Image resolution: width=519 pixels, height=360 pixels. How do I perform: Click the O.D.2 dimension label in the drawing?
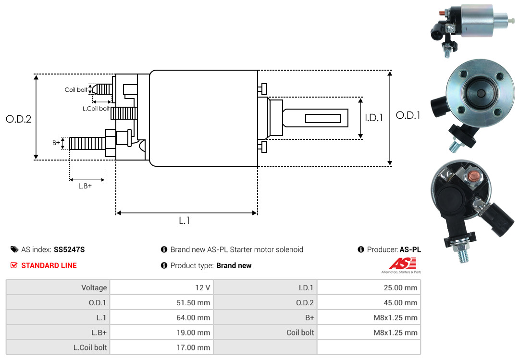tap(19, 119)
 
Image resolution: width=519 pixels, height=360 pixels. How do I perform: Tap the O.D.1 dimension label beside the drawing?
tap(408, 115)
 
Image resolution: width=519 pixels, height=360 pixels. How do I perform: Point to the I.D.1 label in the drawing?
tap(374, 118)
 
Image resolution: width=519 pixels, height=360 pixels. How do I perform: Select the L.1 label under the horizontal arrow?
tap(185, 221)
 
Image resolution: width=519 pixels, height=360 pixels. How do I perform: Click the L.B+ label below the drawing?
tap(85, 186)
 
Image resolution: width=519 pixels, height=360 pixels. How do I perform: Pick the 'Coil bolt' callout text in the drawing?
tap(76, 90)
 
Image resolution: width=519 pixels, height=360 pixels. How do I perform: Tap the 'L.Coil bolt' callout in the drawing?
tap(96, 108)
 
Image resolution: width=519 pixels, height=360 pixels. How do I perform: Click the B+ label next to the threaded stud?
tap(56, 143)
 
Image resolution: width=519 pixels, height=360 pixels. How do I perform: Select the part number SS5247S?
tap(69, 250)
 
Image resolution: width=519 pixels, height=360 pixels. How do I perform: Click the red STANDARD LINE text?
tap(49, 266)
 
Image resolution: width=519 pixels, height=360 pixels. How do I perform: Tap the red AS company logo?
tap(402, 263)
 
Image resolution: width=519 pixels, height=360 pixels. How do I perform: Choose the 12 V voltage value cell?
tap(161, 287)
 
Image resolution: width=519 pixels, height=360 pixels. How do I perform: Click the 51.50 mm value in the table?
tap(161, 302)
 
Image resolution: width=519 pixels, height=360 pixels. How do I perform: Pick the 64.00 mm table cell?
tap(161, 317)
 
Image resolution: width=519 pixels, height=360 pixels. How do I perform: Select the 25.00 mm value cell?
tap(369, 287)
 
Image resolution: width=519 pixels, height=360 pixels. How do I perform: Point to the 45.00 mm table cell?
tap(369, 302)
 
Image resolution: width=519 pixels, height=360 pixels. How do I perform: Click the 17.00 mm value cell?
tap(161, 348)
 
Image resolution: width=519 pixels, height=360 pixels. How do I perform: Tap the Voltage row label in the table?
tap(94, 287)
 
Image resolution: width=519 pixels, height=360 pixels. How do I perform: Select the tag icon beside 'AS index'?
tap(14, 249)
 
